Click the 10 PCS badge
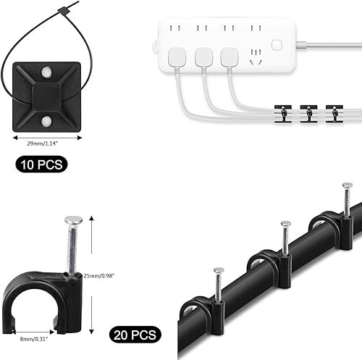(41, 164)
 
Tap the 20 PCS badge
(135, 335)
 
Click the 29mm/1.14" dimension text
(43, 143)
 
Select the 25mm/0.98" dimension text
(98, 276)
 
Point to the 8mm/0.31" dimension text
(34, 339)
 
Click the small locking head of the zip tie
(62, 11)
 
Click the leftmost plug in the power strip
(177, 57)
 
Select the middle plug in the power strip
(203, 57)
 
